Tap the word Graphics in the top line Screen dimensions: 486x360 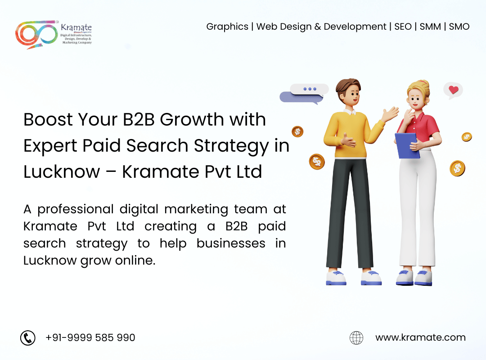coord(227,27)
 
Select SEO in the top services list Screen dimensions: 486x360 coord(403,27)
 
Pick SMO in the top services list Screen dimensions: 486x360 coord(459,27)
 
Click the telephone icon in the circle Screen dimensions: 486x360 coord(28,337)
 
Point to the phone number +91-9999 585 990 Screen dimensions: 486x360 coord(90,337)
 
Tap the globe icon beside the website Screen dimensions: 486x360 coord(356,337)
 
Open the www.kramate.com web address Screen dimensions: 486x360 coord(421,337)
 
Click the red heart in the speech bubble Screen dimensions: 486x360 coord(454,90)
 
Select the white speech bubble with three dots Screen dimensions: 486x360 coord(309,89)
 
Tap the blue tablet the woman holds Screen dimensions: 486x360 coord(407,145)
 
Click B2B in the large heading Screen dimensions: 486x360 coord(139,119)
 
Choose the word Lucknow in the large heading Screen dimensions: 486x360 coord(62,171)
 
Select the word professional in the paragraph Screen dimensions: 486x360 coord(76,209)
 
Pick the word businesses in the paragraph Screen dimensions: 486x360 coord(231,243)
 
